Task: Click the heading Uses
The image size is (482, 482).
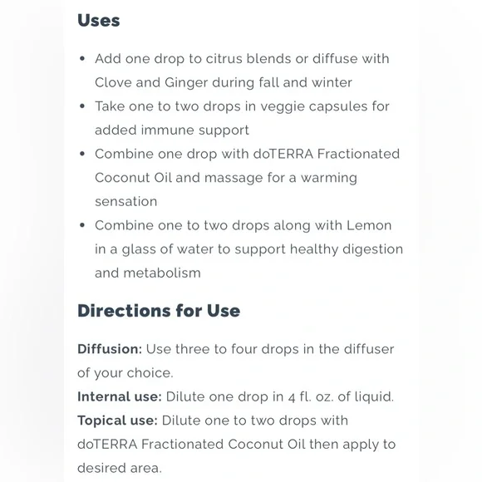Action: (x=98, y=20)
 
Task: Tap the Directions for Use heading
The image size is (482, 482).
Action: (x=159, y=311)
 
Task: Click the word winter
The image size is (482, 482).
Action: (x=329, y=82)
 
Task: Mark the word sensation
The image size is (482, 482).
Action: (x=126, y=201)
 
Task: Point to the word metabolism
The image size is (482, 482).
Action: (x=161, y=273)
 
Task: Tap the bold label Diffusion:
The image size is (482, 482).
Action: (x=110, y=349)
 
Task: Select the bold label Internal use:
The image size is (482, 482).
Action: (x=120, y=396)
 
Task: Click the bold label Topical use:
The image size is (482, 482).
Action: (x=117, y=421)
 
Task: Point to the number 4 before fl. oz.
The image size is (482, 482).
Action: (x=306, y=396)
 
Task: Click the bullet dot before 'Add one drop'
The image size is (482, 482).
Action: (x=81, y=59)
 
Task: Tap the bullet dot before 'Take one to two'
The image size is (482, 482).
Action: (x=81, y=106)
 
